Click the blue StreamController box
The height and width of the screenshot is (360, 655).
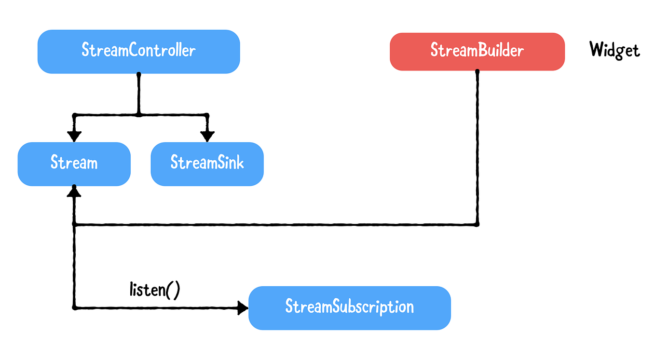138,51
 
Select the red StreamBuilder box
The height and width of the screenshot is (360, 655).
477,51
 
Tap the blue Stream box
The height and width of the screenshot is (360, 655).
74,164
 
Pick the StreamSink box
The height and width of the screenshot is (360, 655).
207,164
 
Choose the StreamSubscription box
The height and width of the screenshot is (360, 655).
349,307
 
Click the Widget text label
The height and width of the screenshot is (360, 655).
614,50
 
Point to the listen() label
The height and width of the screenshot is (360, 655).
155,290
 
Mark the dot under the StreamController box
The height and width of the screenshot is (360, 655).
138,74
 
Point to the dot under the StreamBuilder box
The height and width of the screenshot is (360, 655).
477,71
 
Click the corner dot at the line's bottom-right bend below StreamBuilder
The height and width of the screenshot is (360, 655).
477,224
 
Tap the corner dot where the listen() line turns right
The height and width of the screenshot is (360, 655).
74,307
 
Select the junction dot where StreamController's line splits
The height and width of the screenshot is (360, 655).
138,115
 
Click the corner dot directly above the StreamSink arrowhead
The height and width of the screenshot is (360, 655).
207,115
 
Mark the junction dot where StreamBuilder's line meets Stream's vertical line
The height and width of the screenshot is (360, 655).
74,224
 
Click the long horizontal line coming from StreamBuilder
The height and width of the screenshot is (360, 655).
275,224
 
